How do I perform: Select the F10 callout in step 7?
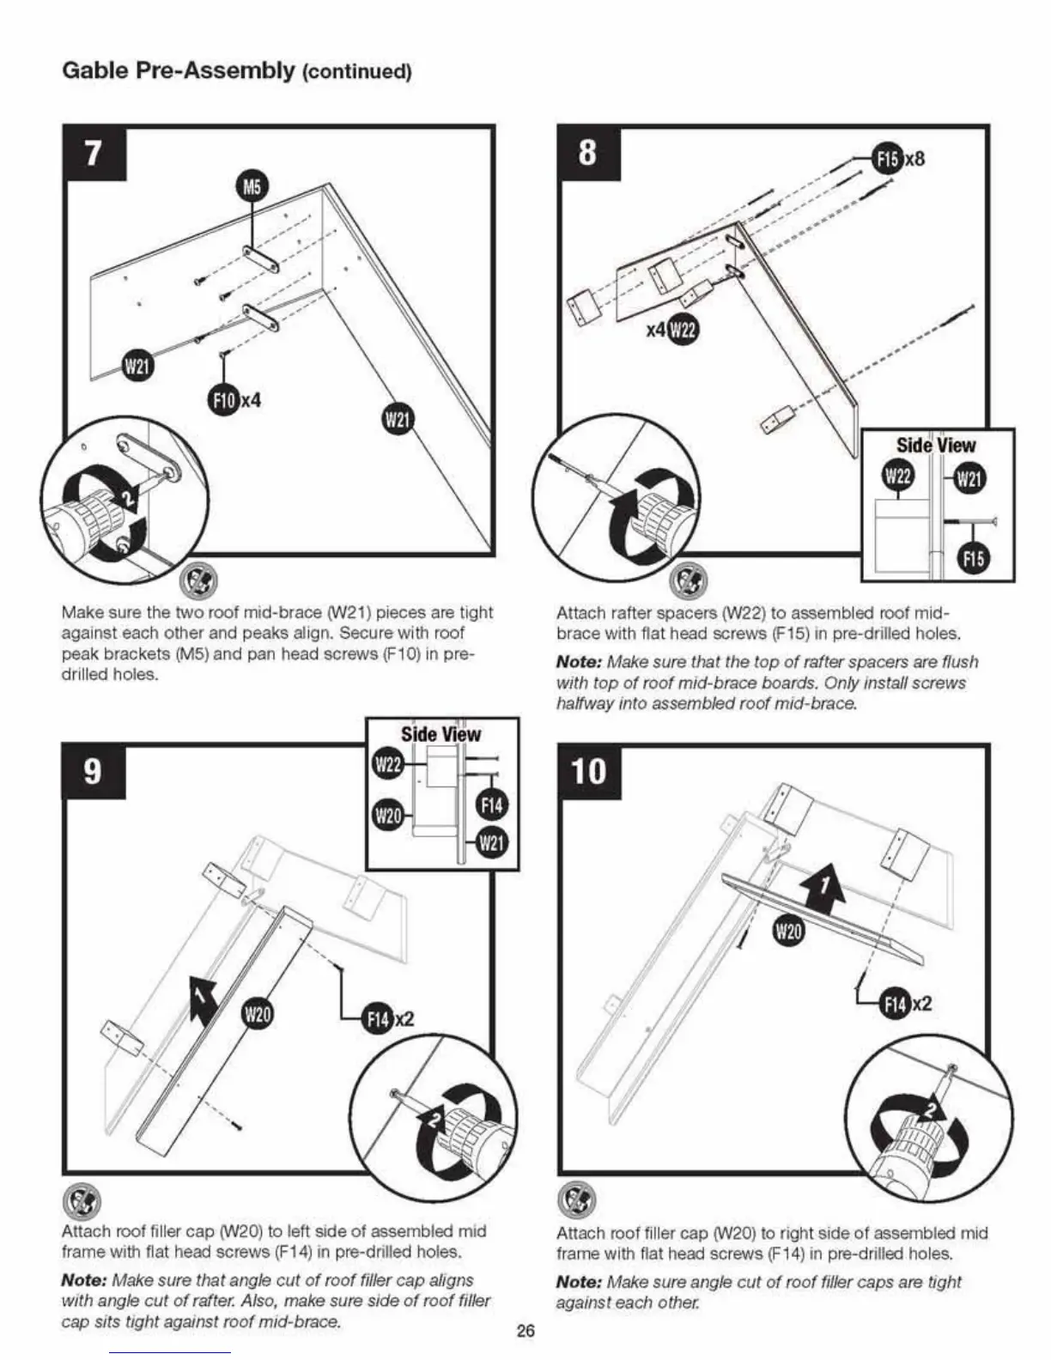223,399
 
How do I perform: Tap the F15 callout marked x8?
888,158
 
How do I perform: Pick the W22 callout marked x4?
683,329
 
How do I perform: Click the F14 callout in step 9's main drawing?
379,1018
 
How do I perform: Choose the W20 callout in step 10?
789,931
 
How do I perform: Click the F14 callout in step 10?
896,1004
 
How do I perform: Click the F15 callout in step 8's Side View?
972,560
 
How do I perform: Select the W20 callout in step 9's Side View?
389,815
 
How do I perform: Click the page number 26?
525,1331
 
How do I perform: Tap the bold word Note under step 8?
579,662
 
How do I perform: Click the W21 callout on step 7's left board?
137,367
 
